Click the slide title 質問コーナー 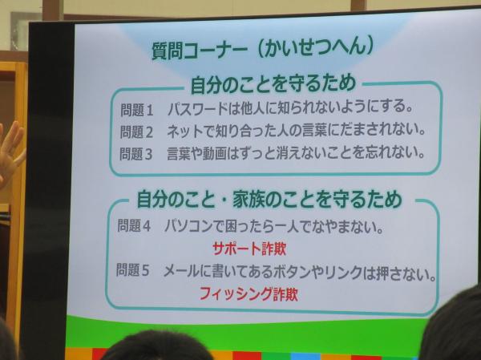pyautogui.click(x=200, y=50)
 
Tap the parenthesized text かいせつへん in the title pyautogui.click(x=316, y=47)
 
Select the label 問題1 pyautogui.click(x=136, y=110)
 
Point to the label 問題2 pyautogui.click(x=136, y=132)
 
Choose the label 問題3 pyautogui.click(x=135, y=154)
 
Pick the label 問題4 pyautogui.click(x=134, y=226)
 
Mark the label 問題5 pyautogui.click(x=132, y=270)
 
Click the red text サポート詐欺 pyautogui.click(x=249, y=249)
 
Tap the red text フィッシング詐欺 pyautogui.click(x=249, y=293)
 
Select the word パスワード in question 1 pyautogui.click(x=198, y=109)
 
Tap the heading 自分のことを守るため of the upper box pyautogui.click(x=273, y=84)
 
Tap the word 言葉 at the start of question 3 pyautogui.click(x=179, y=153)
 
